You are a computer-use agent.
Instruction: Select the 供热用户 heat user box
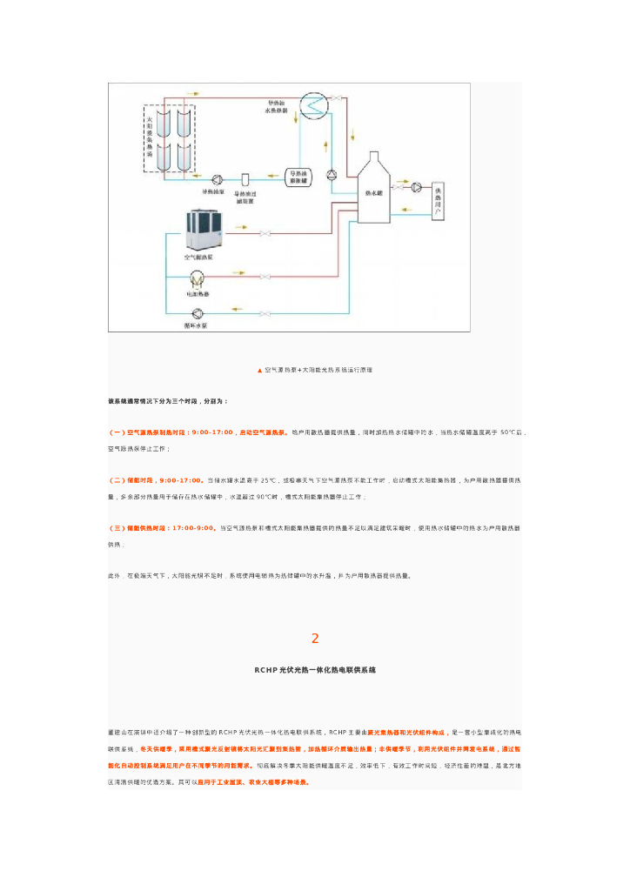pos(438,199)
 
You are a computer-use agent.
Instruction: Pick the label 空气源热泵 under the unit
pos(199,258)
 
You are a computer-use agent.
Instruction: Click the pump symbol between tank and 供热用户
pos(417,187)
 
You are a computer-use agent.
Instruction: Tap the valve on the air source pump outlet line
pos(265,232)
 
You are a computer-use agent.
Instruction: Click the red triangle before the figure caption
pos(259,370)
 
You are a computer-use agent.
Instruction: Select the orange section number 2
pos(315,639)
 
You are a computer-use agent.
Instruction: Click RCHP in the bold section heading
pos(265,670)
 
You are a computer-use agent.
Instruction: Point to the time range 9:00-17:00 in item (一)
pos(212,432)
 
